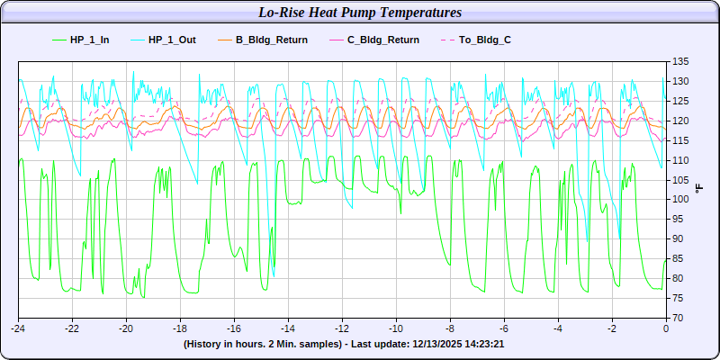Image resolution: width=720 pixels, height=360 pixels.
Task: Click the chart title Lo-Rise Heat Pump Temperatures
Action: tap(360, 13)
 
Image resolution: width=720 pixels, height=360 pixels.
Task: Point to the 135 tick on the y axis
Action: tap(679, 61)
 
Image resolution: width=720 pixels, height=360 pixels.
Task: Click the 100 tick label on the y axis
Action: tap(679, 199)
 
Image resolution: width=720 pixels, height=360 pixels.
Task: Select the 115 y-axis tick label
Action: tap(679, 140)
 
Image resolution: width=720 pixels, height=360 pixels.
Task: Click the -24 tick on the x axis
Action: tap(18, 328)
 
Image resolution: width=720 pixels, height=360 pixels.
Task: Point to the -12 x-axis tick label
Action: tap(342, 328)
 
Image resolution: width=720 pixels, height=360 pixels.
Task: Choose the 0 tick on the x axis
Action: tap(666, 328)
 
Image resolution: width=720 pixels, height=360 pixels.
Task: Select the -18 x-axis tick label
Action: tap(180, 328)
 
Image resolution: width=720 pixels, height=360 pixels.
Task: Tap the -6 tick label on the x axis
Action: tap(504, 328)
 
